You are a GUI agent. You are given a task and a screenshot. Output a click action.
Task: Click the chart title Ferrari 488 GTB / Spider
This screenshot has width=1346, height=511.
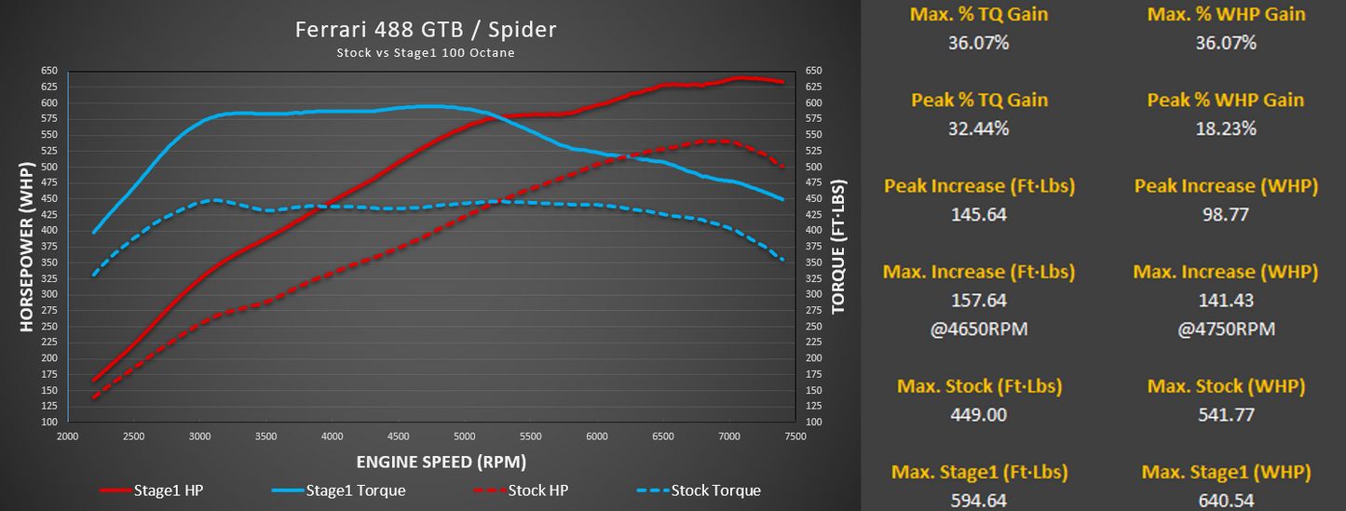(x=426, y=30)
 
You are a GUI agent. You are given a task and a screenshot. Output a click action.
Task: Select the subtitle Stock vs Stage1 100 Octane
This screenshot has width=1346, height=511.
(x=426, y=53)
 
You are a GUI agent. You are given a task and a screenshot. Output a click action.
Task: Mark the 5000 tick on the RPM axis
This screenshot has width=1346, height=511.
(x=464, y=436)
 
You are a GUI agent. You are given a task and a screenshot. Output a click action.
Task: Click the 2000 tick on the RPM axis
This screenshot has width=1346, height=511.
(x=66, y=436)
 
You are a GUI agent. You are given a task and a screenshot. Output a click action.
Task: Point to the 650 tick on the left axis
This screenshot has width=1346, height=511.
(x=48, y=71)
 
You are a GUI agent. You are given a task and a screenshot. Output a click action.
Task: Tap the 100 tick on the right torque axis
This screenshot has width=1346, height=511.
(x=813, y=423)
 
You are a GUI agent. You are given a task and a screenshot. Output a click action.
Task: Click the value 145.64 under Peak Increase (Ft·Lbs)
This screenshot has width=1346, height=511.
(x=978, y=215)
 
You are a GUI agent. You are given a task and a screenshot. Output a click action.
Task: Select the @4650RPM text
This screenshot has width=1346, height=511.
(x=978, y=329)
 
